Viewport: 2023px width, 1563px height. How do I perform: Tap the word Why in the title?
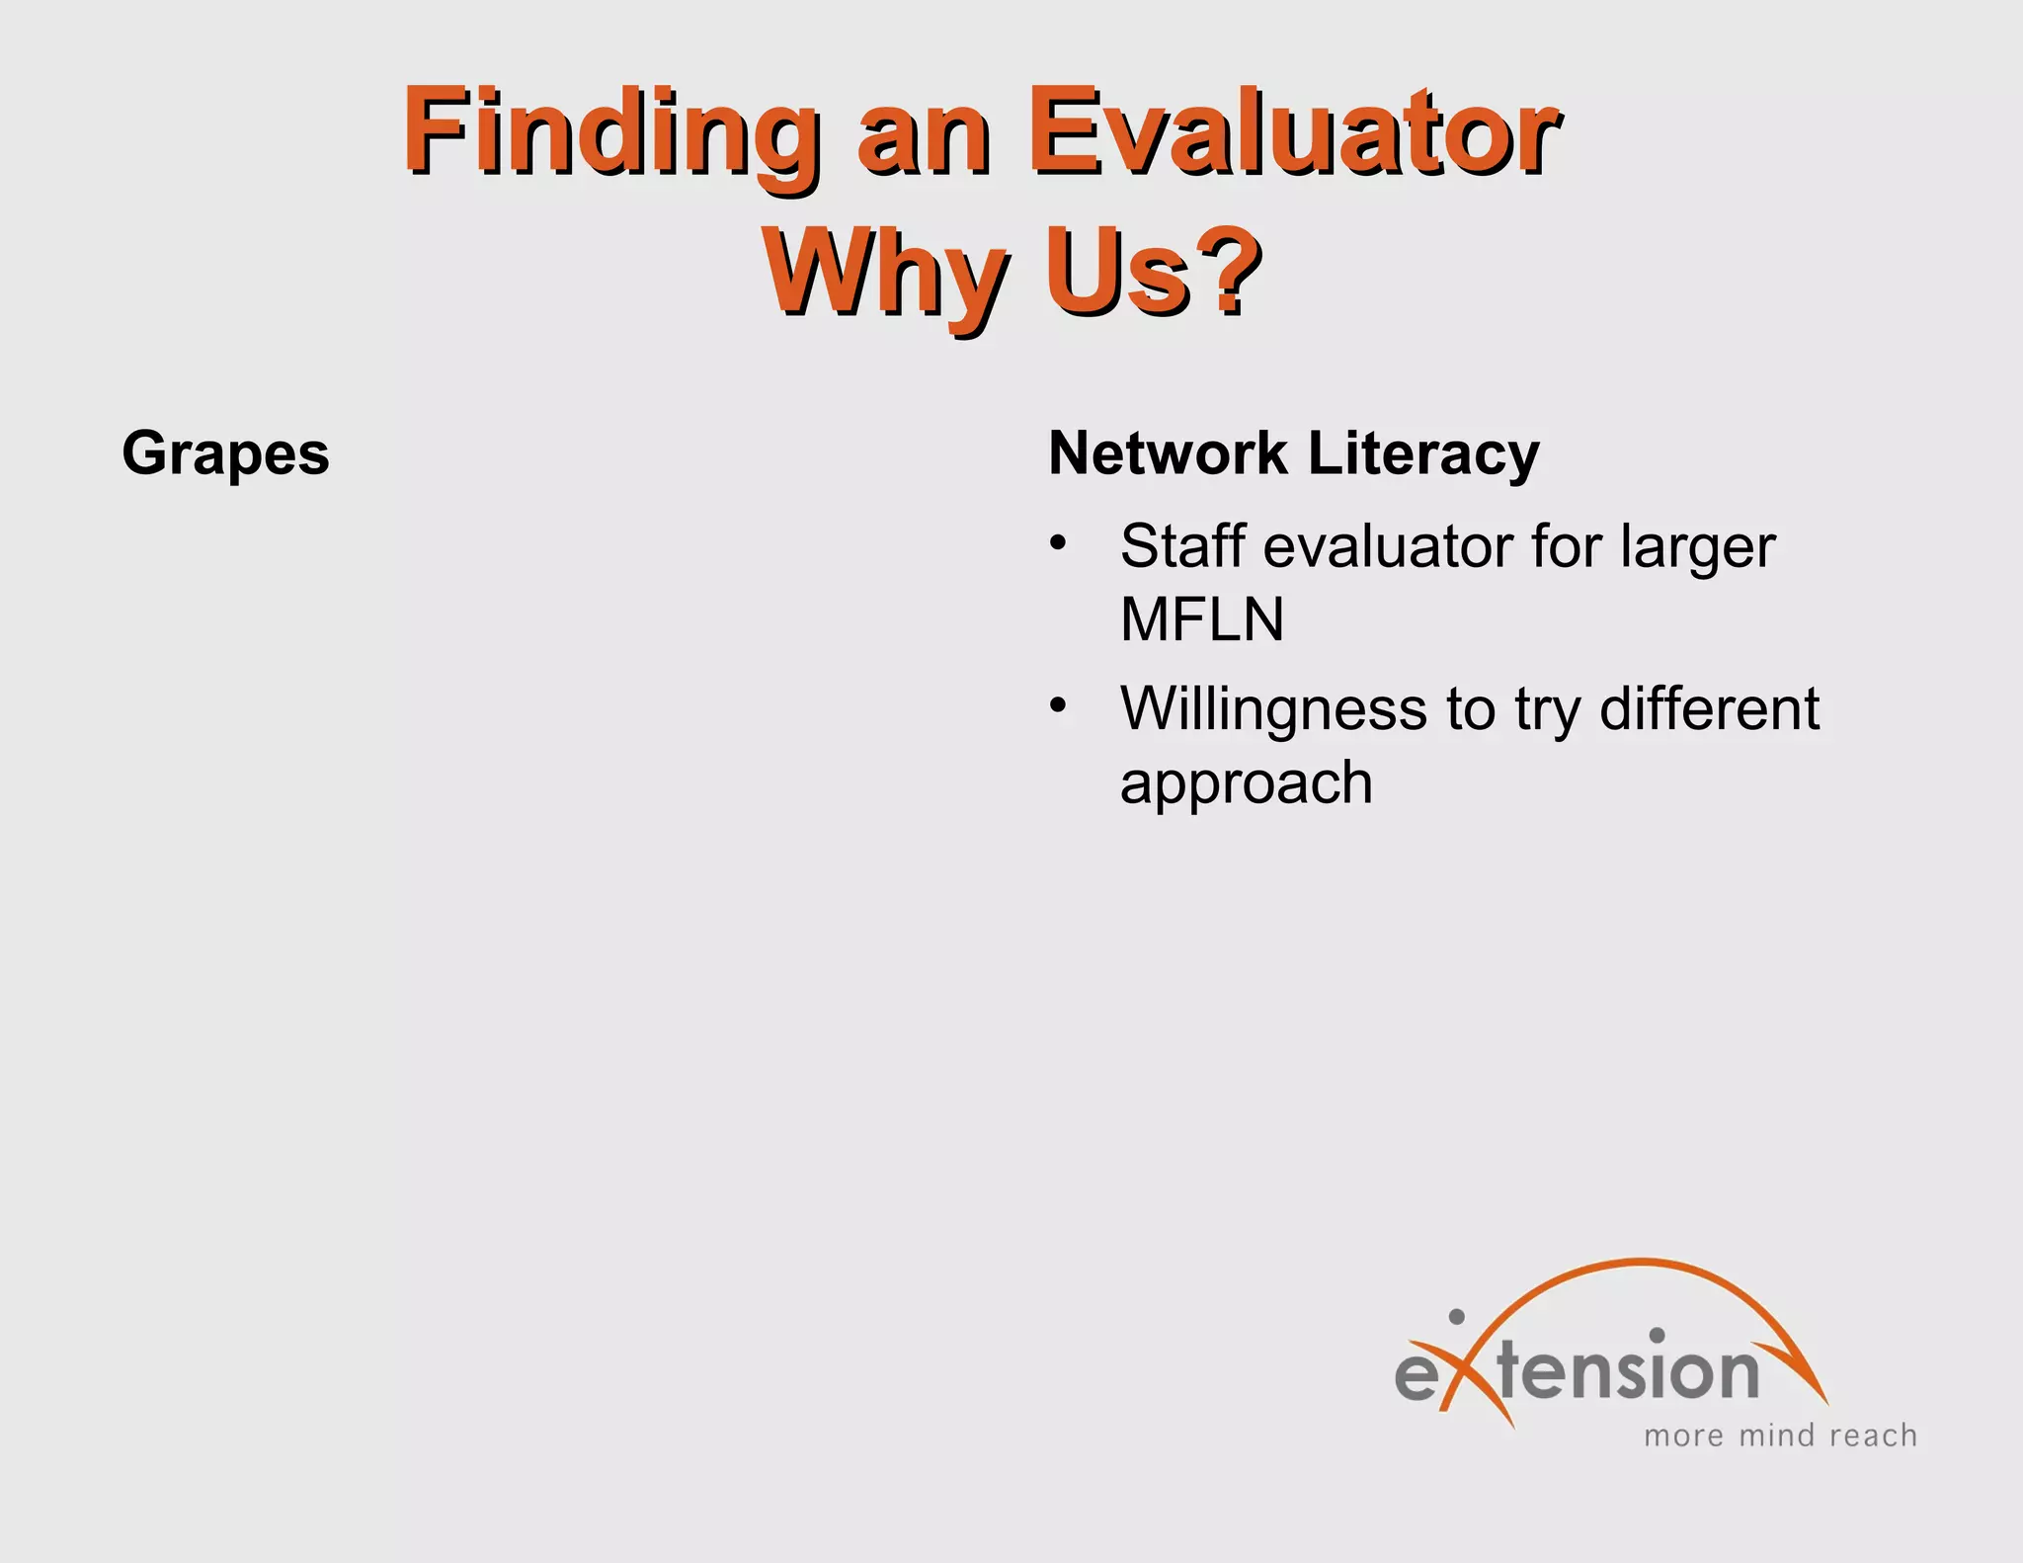click(885, 271)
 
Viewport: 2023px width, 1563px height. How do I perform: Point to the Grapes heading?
click(225, 453)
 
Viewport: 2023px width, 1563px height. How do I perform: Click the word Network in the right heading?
click(1168, 453)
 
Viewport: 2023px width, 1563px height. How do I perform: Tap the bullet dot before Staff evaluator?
click(1058, 543)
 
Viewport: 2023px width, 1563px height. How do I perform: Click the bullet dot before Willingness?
click(1058, 705)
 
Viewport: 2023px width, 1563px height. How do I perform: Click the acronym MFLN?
click(1201, 619)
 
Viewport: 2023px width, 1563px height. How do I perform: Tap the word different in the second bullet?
click(1708, 707)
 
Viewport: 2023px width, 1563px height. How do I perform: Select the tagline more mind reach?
click(1780, 1435)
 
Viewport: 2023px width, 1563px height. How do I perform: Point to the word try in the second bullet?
click(1546, 709)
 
